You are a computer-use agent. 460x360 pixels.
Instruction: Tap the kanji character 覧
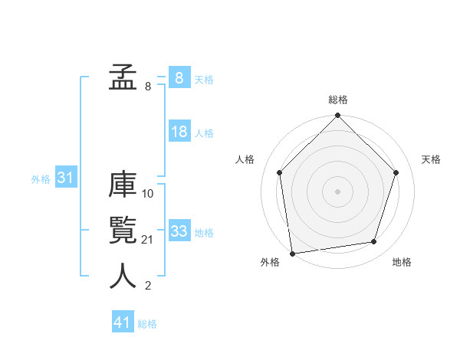123,231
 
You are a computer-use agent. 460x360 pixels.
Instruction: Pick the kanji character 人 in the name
123,276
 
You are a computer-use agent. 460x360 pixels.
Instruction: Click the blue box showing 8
179,78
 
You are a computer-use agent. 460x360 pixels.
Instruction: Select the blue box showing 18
179,132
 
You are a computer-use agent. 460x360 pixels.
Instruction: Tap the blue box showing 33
179,231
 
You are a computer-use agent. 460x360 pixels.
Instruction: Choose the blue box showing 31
65,178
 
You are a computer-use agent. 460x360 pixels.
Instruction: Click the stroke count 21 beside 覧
148,241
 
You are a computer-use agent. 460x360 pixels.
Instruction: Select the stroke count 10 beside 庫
148,194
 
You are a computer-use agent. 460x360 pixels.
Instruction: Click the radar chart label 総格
338,100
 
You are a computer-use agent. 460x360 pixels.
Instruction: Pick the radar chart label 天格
431,159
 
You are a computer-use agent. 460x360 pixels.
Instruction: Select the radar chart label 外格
270,262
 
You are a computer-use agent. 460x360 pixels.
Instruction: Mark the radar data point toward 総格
338,116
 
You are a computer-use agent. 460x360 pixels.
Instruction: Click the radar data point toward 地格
374,241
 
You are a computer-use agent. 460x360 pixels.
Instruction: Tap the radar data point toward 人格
280,172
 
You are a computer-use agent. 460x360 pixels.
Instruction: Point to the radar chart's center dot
338,191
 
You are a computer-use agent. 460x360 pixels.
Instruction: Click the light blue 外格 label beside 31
41,179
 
